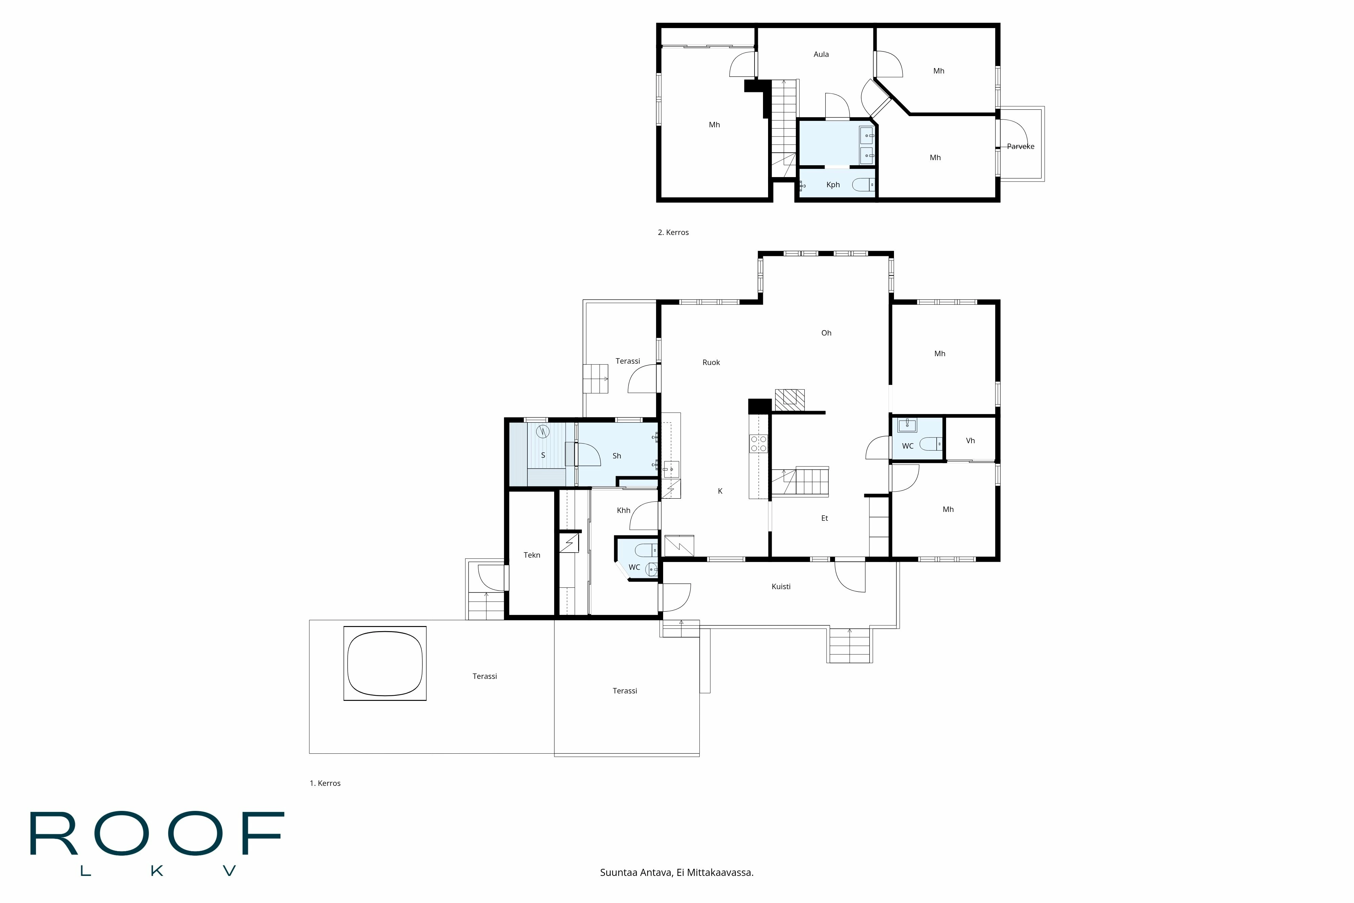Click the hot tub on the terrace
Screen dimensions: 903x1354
385,663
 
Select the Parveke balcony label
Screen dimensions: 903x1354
1020,146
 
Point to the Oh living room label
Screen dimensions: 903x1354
826,333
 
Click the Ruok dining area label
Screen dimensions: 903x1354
711,362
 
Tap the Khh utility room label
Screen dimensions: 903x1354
624,510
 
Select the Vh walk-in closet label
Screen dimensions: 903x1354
970,440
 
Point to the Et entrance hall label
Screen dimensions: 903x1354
824,518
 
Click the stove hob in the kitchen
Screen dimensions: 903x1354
758,443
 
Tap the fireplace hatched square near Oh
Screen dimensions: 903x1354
789,399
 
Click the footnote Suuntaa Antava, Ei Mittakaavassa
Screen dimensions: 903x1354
676,873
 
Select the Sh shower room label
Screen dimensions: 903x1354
616,455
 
